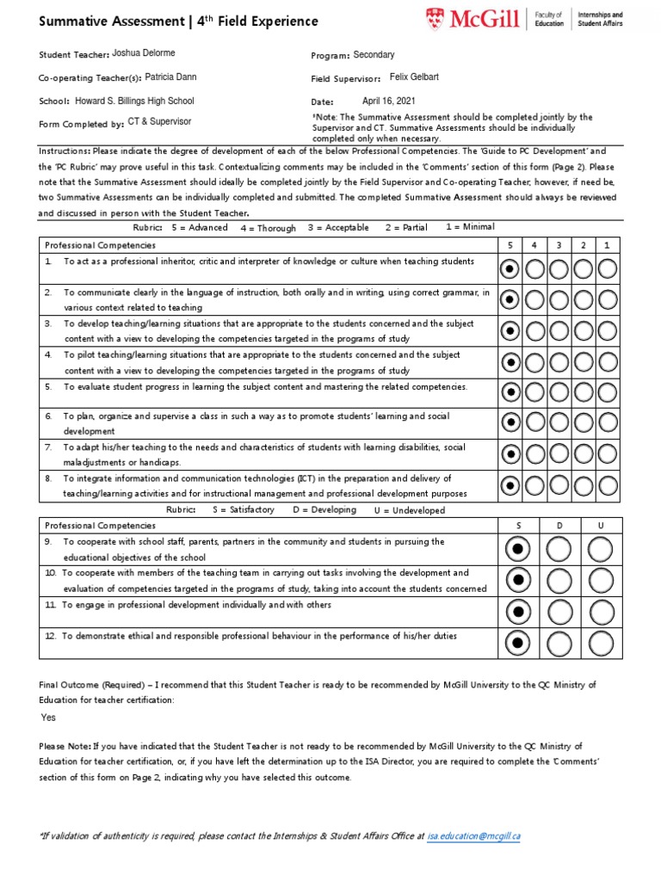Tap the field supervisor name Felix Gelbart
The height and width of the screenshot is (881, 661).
coord(414,77)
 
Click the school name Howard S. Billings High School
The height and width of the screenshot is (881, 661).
coord(134,101)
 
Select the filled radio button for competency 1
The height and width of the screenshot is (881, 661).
coord(510,269)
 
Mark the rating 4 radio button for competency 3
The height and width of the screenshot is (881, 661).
coord(534,330)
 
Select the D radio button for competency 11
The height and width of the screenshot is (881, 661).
coord(559,612)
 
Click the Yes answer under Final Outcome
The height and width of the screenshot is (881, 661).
coord(49,717)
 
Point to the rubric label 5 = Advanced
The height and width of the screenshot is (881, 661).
coord(200,227)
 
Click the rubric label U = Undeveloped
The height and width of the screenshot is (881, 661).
coord(410,510)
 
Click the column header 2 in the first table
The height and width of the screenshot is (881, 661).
coord(584,245)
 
